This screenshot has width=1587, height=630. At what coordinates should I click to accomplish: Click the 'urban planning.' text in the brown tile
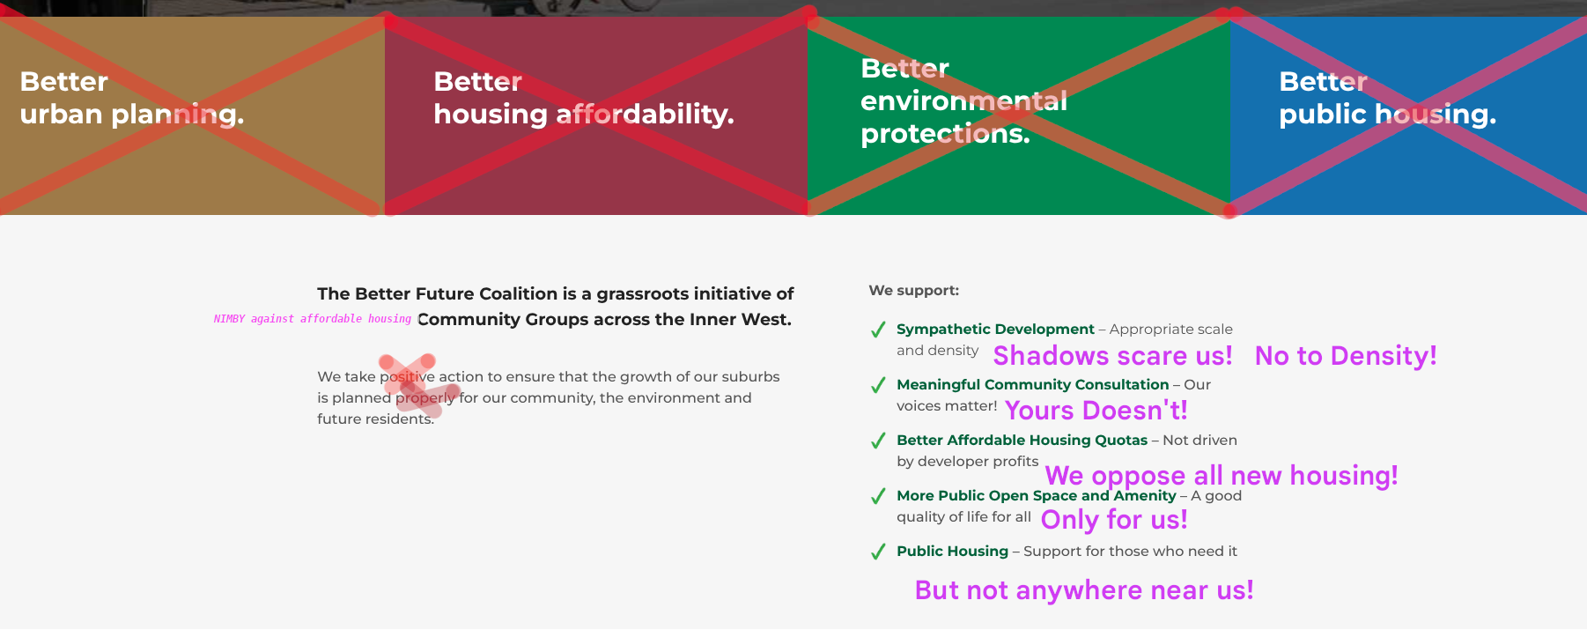click(x=132, y=115)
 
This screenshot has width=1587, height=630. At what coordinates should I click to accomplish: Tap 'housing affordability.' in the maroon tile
click(x=584, y=115)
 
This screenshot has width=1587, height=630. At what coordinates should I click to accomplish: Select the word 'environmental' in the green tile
click(x=963, y=101)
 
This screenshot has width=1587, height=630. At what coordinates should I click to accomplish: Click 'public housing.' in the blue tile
click(x=1387, y=115)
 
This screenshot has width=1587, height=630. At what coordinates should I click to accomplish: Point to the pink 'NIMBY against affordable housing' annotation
click(x=313, y=319)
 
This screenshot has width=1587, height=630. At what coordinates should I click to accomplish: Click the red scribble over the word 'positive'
click(x=418, y=385)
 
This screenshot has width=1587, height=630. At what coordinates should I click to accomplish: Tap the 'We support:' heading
click(x=914, y=291)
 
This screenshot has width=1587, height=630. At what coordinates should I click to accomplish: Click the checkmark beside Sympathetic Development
click(x=878, y=330)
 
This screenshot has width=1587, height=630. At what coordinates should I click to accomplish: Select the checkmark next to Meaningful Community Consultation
click(x=878, y=385)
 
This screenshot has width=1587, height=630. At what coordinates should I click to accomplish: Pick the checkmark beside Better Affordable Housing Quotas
click(x=878, y=441)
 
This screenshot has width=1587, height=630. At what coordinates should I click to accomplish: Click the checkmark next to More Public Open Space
click(x=878, y=496)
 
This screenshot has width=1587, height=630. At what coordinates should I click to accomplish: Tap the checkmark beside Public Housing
click(x=878, y=552)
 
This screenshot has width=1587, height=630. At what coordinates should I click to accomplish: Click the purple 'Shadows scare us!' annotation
click(x=1113, y=356)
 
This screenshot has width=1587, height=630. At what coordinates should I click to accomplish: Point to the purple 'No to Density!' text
click(x=1346, y=356)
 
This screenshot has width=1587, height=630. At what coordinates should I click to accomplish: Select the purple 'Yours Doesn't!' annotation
click(x=1096, y=411)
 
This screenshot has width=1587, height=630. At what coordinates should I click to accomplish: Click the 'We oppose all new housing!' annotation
click(x=1222, y=476)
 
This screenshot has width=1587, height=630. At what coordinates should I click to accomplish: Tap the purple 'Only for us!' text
click(x=1114, y=520)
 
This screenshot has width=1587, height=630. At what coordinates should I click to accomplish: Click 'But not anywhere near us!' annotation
click(x=1084, y=590)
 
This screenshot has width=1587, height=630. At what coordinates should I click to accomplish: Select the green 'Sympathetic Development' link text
click(x=995, y=330)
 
